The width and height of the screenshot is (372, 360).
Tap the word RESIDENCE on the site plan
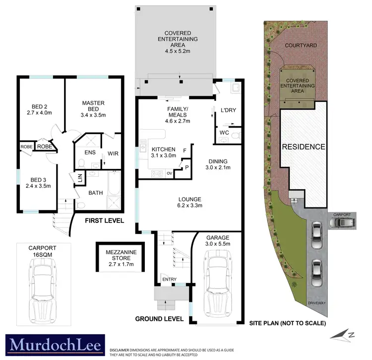click(304, 147)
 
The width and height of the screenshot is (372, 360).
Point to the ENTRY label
click(170, 280)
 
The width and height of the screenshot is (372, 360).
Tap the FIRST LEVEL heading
click(104, 220)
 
